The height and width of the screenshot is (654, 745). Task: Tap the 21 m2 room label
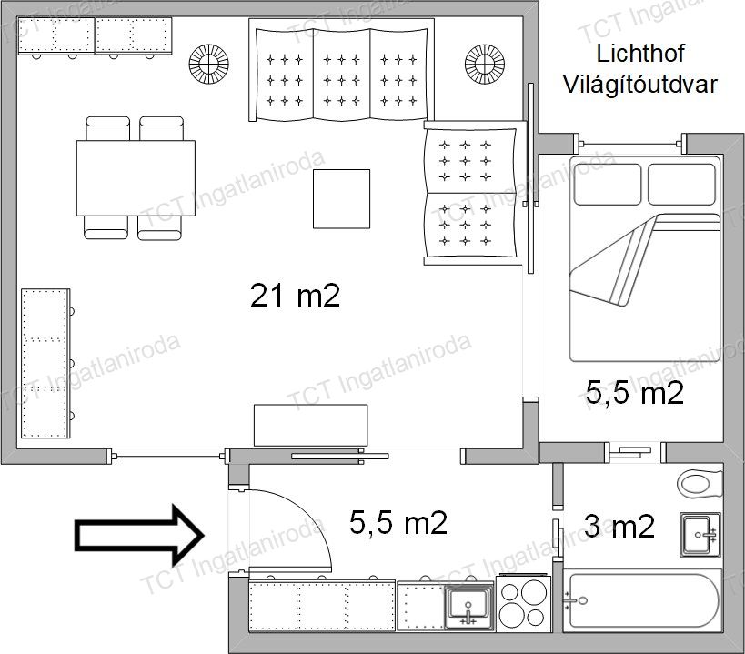pyautogui.click(x=295, y=296)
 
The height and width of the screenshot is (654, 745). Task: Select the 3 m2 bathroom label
pyautogui.click(x=619, y=527)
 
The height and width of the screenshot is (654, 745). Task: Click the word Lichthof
pyautogui.click(x=640, y=53)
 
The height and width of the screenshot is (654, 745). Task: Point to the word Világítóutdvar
pyautogui.click(x=639, y=84)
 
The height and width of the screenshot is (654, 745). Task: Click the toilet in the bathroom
pyautogui.click(x=700, y=484)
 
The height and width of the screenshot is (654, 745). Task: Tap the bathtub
pyautogui.click(x=642, y=602)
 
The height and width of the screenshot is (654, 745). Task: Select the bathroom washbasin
pyautogui.click(x=700, y=534)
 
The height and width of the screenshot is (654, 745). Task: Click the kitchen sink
pyautogui.click(x=469, y=607)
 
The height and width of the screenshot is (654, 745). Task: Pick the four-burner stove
pyautogui.click(x=523, y=603)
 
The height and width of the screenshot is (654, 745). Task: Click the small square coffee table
pyautogui.click(x=341, y=199)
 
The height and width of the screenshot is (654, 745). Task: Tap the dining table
pyautogui.click(x=136, y=178)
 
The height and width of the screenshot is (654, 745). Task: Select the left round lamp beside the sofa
pyautogui.click(x=208, y=64)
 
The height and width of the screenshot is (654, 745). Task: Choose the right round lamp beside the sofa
pyautogui.click(x=485, y=64)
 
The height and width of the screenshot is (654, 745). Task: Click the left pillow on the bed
pyautogui.click(x=608, y=185)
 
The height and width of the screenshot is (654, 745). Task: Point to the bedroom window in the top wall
pyautogui.click(x=630, y=144)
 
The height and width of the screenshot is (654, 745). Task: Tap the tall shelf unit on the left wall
pyautogui.click(x=46, y=363)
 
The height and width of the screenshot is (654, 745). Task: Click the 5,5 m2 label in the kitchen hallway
pyautogui.click(x=398, y=522)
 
